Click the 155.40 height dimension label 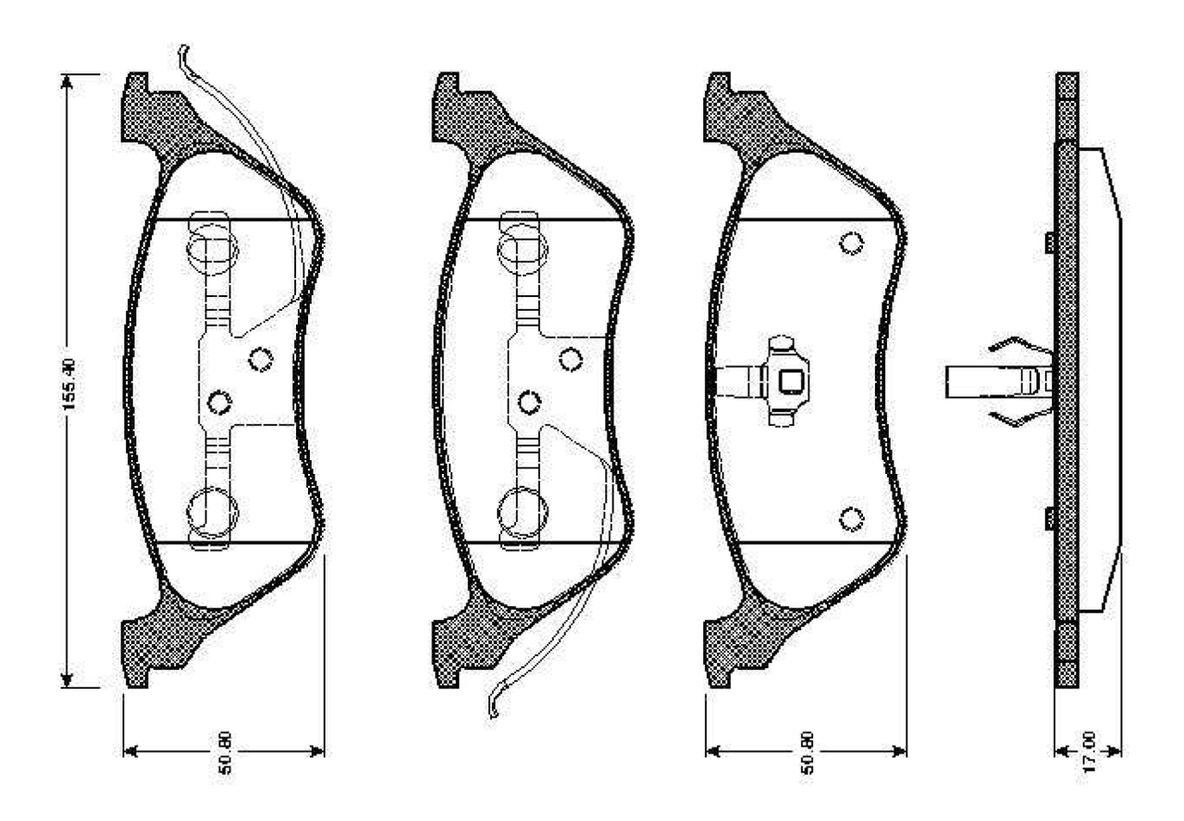click(x=71, y=380)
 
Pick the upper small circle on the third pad click(x=851, y=243)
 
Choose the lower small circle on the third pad click(x=851, y=519)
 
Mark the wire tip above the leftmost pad click(x=183, y=51)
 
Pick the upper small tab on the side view click(x=1050, y=243)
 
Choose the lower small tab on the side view click(x=1050, y=519)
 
